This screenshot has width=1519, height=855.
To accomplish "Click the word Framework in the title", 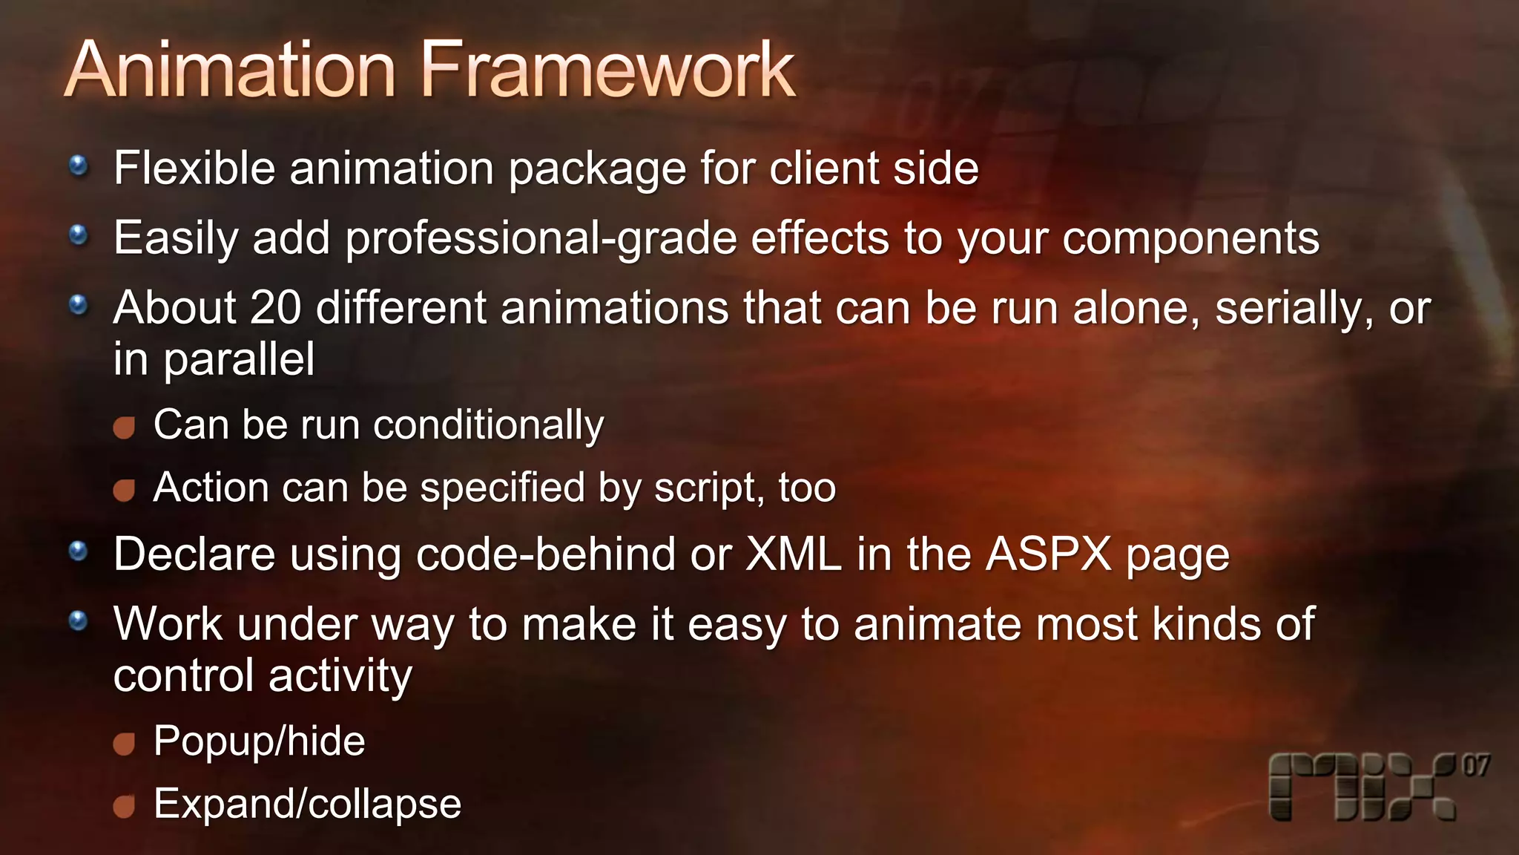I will click(x=608, y=71).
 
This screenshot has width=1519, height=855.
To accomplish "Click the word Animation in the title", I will click(x=230, y=71).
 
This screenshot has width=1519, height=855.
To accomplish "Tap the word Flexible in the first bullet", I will click(x=194, y=168).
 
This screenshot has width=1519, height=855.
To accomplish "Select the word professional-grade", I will click(x=541, y=239).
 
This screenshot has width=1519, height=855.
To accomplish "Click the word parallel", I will click(x=239, y=360).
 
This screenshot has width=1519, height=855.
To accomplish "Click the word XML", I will click(x=793, y=554).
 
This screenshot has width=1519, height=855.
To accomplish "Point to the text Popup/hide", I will click(x=259, y=741).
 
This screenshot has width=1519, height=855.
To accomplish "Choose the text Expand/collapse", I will click(x=307, y=804).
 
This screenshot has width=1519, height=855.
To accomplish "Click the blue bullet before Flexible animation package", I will click(x=79, y=166).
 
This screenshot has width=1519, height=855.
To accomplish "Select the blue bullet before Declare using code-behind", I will click(x=79, y=551).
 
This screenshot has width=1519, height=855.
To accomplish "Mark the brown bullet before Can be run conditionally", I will click(x=124, y=427).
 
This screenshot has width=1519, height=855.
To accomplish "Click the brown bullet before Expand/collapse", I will click(x=124, y=806).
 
